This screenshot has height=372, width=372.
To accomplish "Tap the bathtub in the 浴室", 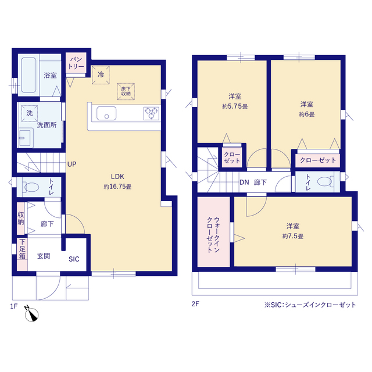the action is click(28, 75).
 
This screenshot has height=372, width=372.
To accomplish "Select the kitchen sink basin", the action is click(106, 113).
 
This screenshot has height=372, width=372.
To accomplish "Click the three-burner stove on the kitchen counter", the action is click(151, 113).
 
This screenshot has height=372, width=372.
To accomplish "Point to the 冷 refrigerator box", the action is click(101, 75).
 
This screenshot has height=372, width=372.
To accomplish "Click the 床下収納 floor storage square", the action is click(126, 91).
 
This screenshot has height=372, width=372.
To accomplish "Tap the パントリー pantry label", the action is click(76, 63).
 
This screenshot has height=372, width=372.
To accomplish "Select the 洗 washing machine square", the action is click(30, 113).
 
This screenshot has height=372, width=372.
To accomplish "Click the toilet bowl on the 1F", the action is click(31, 187).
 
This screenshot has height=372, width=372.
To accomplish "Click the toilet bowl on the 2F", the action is click(324, 182).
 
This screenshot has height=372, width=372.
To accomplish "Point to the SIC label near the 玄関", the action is click(74, 259).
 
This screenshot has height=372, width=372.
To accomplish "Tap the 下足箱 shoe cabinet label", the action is click(22, 249).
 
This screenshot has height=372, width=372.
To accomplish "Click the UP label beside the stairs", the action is click(72, 164).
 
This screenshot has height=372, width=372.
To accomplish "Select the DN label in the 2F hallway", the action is click(244, 182).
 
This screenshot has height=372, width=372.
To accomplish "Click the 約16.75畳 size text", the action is click(117, 187).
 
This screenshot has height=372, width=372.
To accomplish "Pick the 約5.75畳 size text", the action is click(235, 106).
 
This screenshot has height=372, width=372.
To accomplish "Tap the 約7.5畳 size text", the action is click(293, 237).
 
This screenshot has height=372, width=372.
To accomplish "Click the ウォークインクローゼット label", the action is click(213, 235).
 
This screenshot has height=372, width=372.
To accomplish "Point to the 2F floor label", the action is click(195, 304).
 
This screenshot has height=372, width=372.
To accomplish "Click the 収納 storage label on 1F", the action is click(21, 219).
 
